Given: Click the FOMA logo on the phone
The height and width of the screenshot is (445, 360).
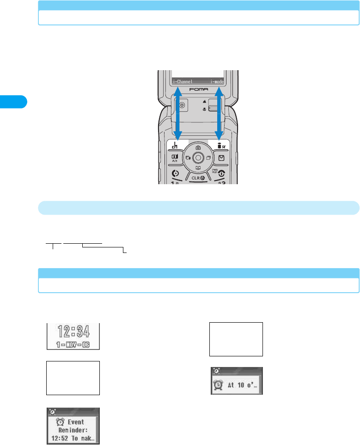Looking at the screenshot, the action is click(x=198, y=90).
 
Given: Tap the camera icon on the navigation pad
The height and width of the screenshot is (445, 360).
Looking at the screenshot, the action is click(x=198, y=147).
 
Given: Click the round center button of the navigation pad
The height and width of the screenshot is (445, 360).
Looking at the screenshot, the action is click(x=198, y=158).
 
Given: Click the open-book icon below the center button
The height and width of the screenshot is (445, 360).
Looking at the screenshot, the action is click(x=198, y=168).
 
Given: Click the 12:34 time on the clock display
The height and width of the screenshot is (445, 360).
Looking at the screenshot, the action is click(x=73, y=331).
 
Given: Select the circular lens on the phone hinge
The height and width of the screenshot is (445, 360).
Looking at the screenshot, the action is click(x=182, y=105).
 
